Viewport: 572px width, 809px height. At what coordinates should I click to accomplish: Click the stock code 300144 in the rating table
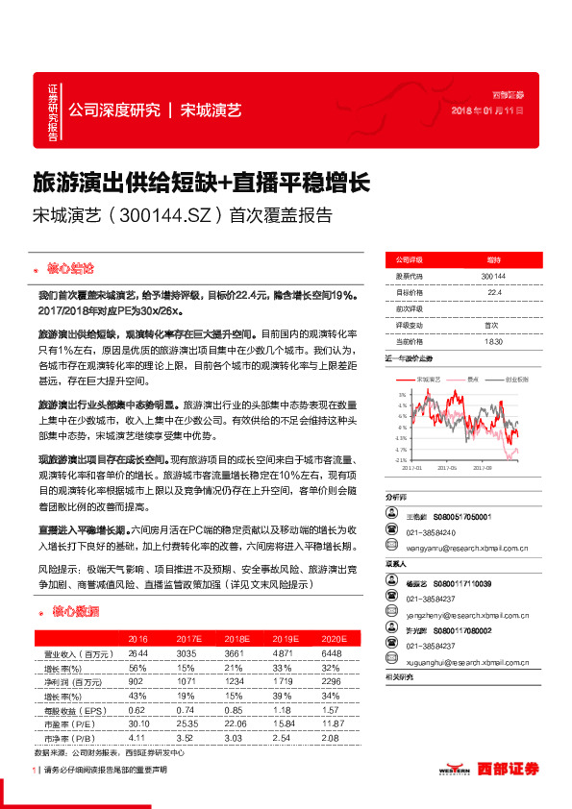coord(493,276)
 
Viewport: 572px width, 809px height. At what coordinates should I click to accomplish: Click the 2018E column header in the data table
coord(236,638)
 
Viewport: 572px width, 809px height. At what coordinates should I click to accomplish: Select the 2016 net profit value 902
coord(138,680)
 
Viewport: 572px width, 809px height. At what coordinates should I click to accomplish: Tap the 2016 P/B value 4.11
coord(138,736)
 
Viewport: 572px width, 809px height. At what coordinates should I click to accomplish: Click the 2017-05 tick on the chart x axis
coord(446,468)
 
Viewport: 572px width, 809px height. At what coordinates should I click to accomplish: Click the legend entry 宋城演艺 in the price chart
coord(430,380)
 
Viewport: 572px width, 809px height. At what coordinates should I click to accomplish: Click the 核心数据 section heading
coord(74,611)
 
